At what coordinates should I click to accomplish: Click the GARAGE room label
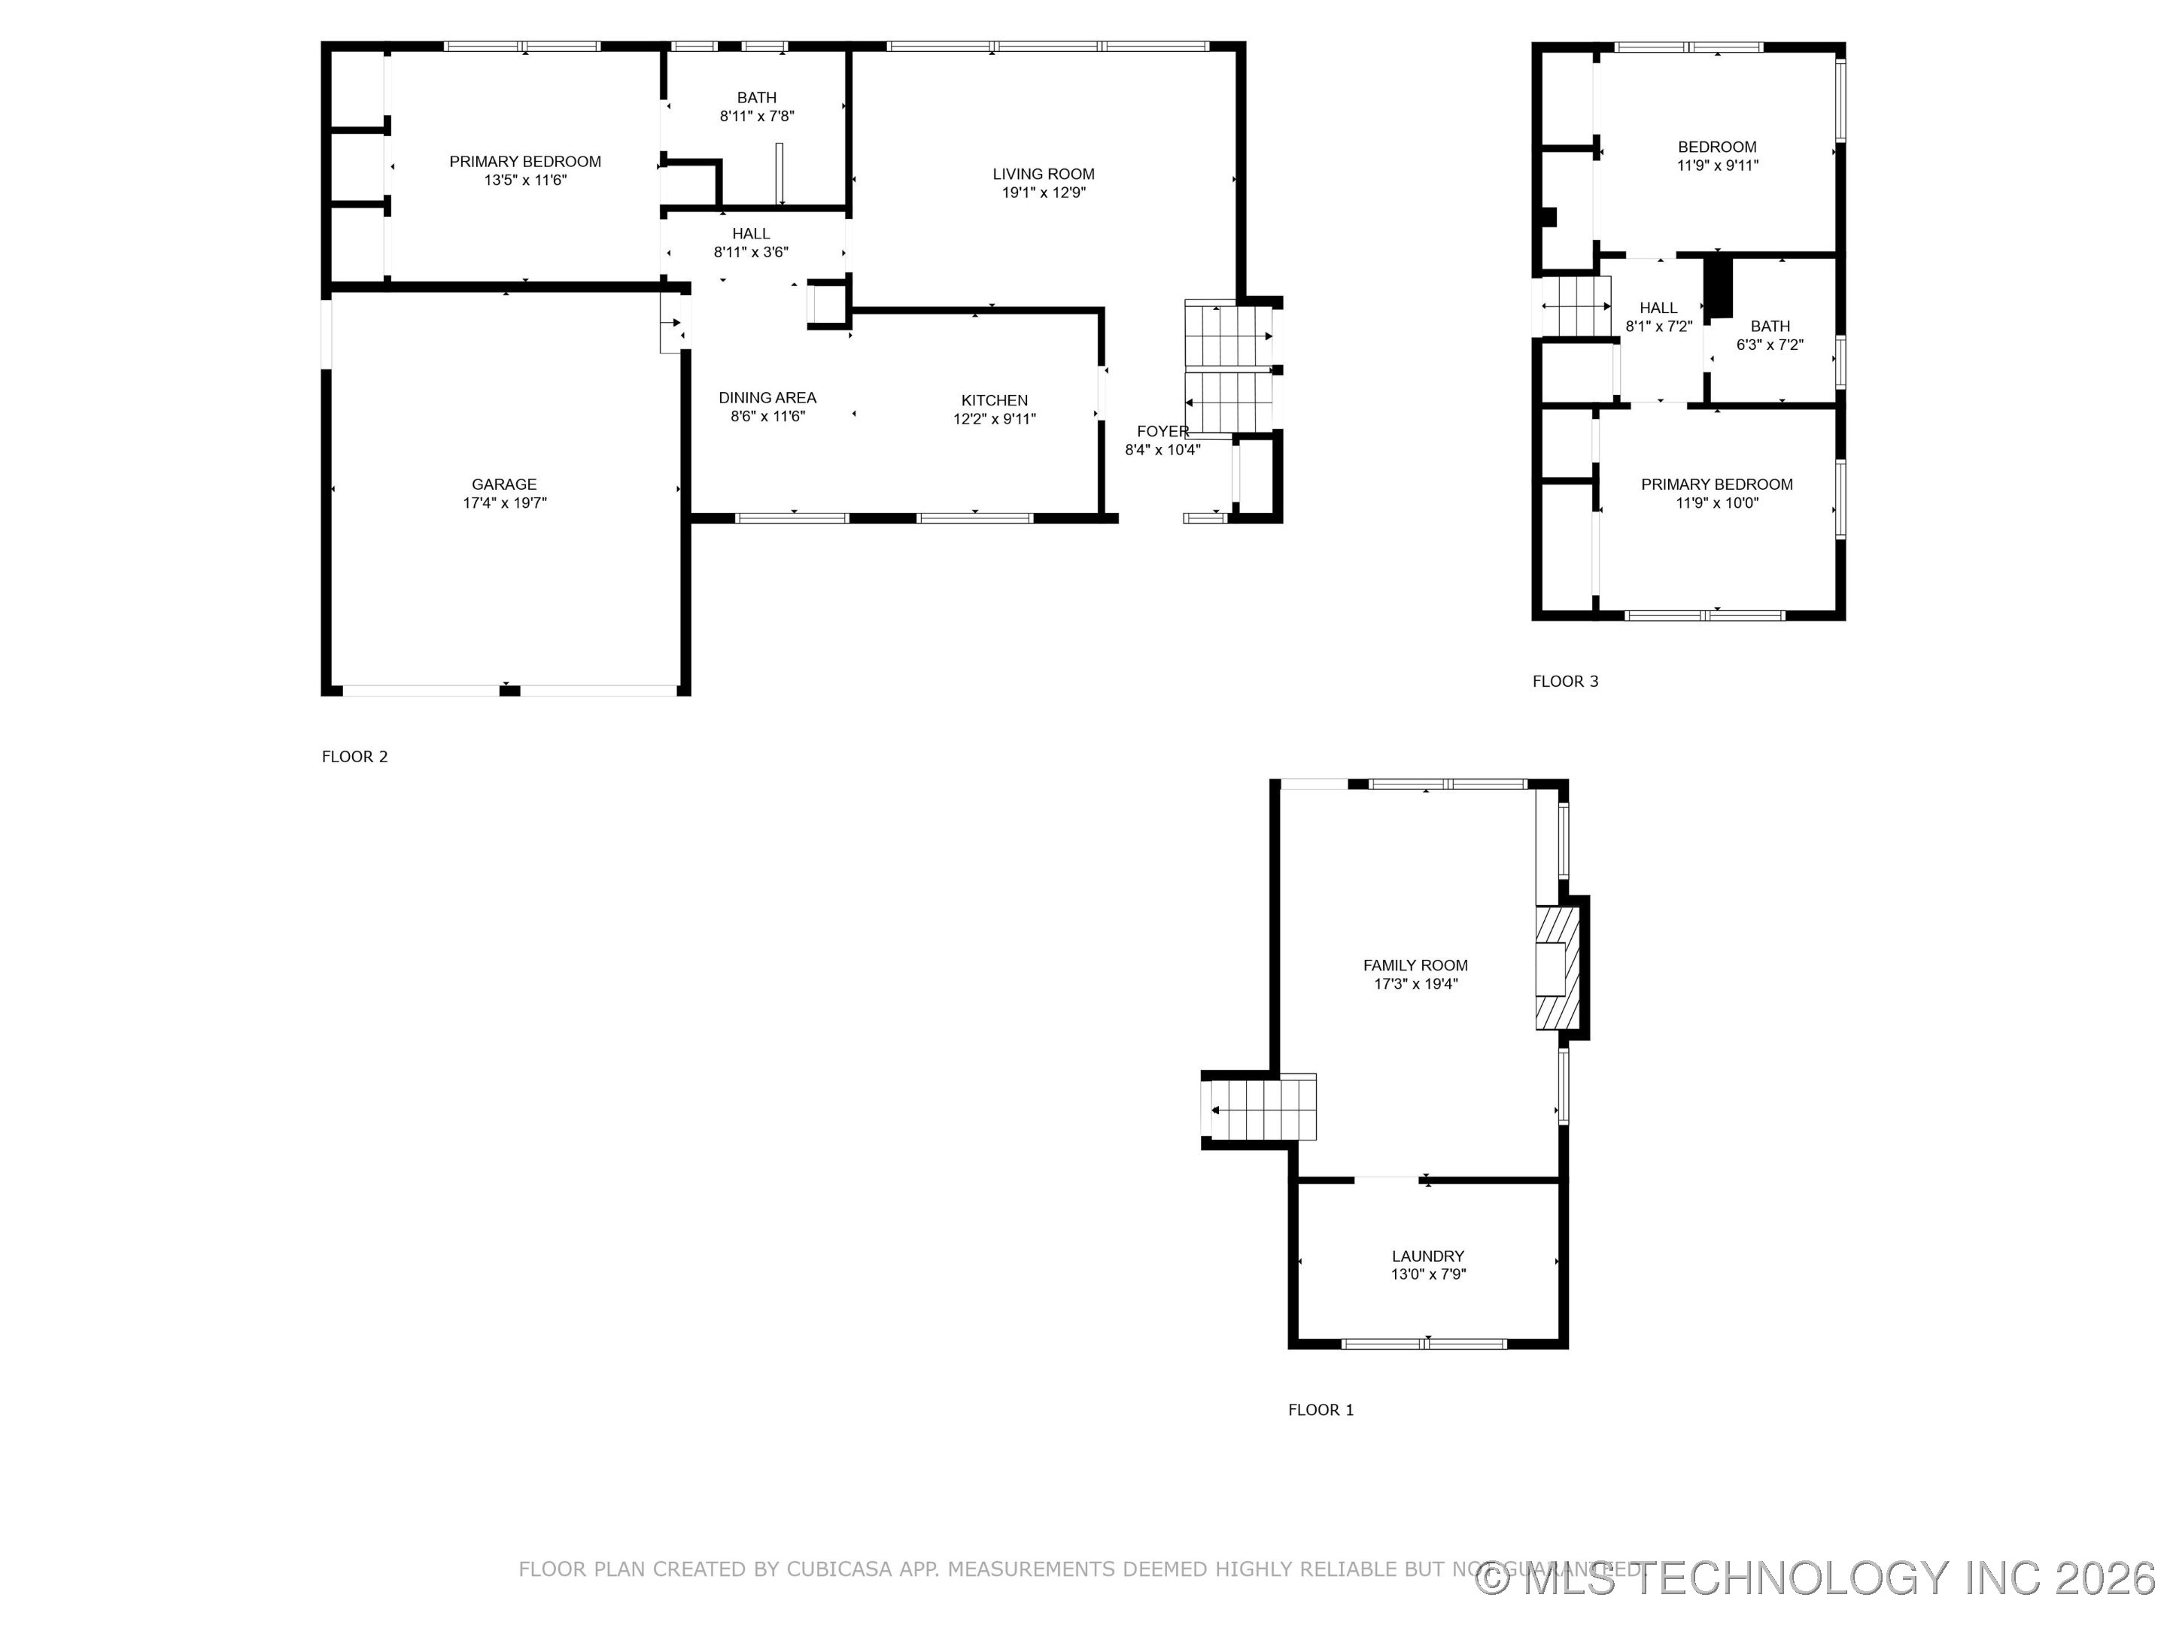click(503, 484)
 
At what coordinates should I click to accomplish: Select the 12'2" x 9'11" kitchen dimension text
click(995, 419)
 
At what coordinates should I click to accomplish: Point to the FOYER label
click(1162, 432)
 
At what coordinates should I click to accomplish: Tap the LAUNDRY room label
click(1427, 1256)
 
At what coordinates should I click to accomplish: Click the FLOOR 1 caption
click(1320, 1411)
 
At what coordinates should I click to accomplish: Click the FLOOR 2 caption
click(354, 757)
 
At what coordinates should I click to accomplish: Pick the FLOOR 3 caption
click(1564, 682)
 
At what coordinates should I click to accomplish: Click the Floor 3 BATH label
click(1769, 327)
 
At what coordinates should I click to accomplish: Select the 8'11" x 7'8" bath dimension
click(756, 117)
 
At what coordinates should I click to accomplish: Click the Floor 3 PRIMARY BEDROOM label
click(1716, 484)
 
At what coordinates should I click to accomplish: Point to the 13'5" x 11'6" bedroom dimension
click(525, 181)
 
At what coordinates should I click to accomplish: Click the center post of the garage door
click(509, 691)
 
